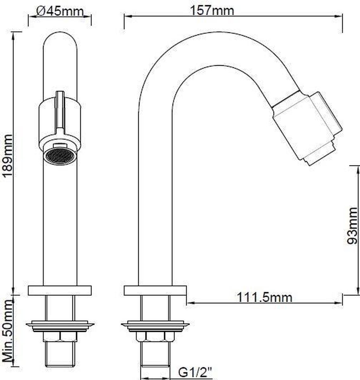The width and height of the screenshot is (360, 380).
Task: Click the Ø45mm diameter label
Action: click(60, 12)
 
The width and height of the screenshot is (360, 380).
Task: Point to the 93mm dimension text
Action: click(352, 226)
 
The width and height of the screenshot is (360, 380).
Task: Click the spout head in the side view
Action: click(307, 127)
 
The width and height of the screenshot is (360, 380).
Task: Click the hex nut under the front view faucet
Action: click(60, 336)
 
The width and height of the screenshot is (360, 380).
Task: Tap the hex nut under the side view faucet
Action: click(155, 336)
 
